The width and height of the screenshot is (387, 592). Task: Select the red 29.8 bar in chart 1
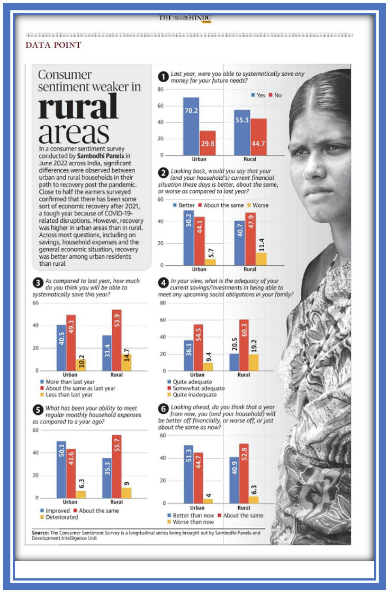pyautogui.click(x=207, y=143)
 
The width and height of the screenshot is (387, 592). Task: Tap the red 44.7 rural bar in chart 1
pyautogui.click(x=258, y=137)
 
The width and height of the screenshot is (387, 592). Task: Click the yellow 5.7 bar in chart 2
pyautogui.click(x=210, y=262)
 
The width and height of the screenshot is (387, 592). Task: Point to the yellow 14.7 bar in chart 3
pyautogui.click(x=126, y=362)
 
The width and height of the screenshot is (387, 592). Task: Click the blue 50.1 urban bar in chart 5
pyautogui.click(x=61, y=469)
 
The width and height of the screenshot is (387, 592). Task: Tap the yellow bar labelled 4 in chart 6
pyautogui.click(x=208, y=501)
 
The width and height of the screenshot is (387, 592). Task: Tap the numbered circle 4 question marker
pyautogui.click(x=163, y=282)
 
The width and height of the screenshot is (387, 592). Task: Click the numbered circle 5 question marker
pyautogui.click(x=38, y=410)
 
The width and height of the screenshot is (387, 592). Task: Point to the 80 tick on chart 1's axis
pyautogui.click(x=160, y=89)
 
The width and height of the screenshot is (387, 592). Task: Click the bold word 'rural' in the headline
pyautogui.click(x=78, y=106)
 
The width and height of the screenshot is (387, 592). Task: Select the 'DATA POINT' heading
pyautogui.click(x=53, y=45)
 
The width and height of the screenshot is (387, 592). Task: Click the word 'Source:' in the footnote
pyautogui.click(x=40, y=533)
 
